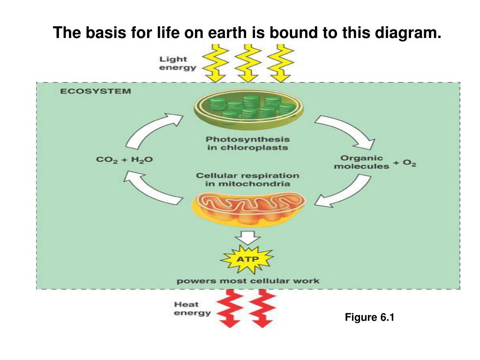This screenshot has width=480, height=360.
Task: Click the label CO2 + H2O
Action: [x=124, y=160]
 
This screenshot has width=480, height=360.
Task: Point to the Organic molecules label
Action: [x=361, y=162]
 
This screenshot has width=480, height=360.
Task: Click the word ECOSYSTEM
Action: [x=95, y=91]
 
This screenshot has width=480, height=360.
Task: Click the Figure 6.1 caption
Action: [x=370, y=317]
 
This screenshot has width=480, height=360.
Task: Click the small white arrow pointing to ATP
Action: [x=247, y=237]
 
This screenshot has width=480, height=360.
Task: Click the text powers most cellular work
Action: [x=247, y=281]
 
